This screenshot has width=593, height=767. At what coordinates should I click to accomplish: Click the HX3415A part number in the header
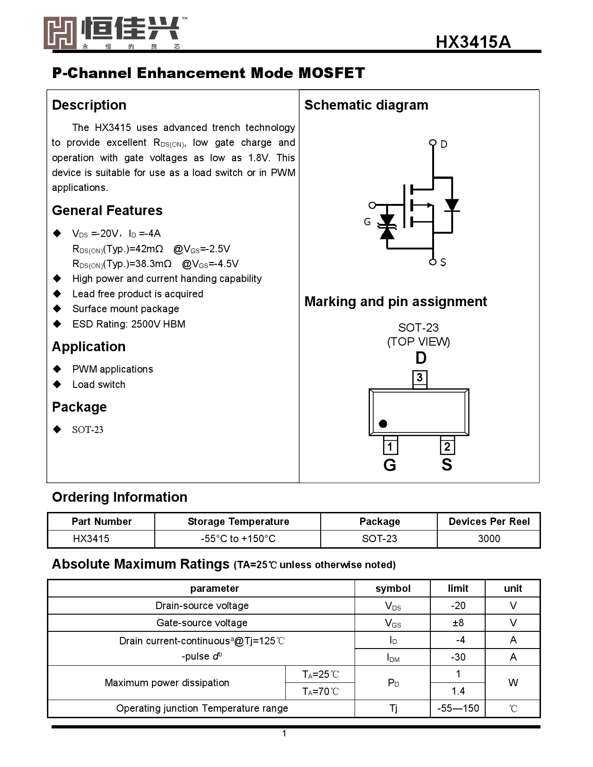pyautogui.click(x=473, y=42)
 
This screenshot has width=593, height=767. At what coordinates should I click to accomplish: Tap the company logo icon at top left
pyautogui.click(x=60, y=33)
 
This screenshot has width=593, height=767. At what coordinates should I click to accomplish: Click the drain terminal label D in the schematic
pyautogui.click(x=444, y=144)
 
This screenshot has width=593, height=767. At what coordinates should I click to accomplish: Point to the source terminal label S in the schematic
pyautogui.click(x=443, y=262)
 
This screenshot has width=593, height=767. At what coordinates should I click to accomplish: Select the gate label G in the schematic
pyautogui.click(x=367, y=222)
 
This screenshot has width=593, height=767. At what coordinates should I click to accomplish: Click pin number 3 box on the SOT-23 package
pyautogui.click(x=420, y=378)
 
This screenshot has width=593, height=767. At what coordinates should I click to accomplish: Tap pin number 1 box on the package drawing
pyautogui.click(x=390, y=447)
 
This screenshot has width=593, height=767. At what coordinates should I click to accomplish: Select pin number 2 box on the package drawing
pyautogui.click(x=447, y=447)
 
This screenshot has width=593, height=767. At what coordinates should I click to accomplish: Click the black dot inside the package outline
pyautogui.click(x=383, y=424)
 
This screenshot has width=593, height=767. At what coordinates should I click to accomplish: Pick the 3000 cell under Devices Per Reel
pyautogui.click(x=489, y=539)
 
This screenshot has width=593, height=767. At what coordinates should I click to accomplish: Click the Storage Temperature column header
pyautogui.click(x=238, y=522)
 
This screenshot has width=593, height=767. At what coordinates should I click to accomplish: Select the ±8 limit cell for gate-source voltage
pyautogui.click(x=458, y=623)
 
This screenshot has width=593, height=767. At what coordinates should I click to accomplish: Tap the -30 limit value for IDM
pyautogui.click(x=458, y=657)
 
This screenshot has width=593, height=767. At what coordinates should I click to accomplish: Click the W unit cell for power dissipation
pyautogui.click(x=513, y=683)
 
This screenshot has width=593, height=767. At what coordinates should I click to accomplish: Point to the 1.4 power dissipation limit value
pyautogui.click(x=458, y=691)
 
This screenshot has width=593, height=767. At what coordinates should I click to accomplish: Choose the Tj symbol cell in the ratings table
pyautogui.click(x=393, y=708)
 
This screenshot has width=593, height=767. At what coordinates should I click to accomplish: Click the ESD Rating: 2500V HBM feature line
pyautogui.click(x=129, y=324)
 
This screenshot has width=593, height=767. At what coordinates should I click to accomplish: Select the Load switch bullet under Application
pyautogui.click(x=99, y=385)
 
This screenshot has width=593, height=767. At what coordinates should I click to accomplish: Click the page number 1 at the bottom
pyautogui.click(x=284, y=734)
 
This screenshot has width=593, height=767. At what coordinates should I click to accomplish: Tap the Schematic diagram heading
pyautogui.click(x=366, y=105)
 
